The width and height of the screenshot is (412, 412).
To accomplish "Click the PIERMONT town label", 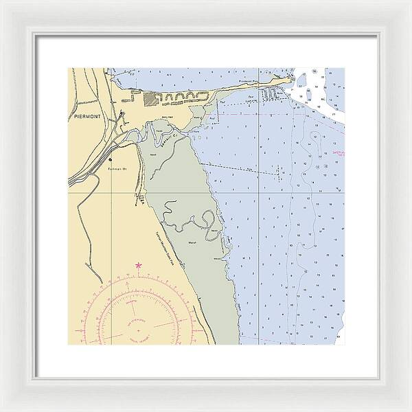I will [x=84, y=117].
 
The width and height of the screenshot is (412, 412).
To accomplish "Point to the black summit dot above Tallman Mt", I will [x=110, y=159].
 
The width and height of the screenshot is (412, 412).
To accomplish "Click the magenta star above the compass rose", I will [x=139, y=265].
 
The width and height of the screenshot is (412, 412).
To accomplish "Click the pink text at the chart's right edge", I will [x=335, y=152].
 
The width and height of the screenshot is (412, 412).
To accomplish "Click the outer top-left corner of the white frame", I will [x=1, y=1].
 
